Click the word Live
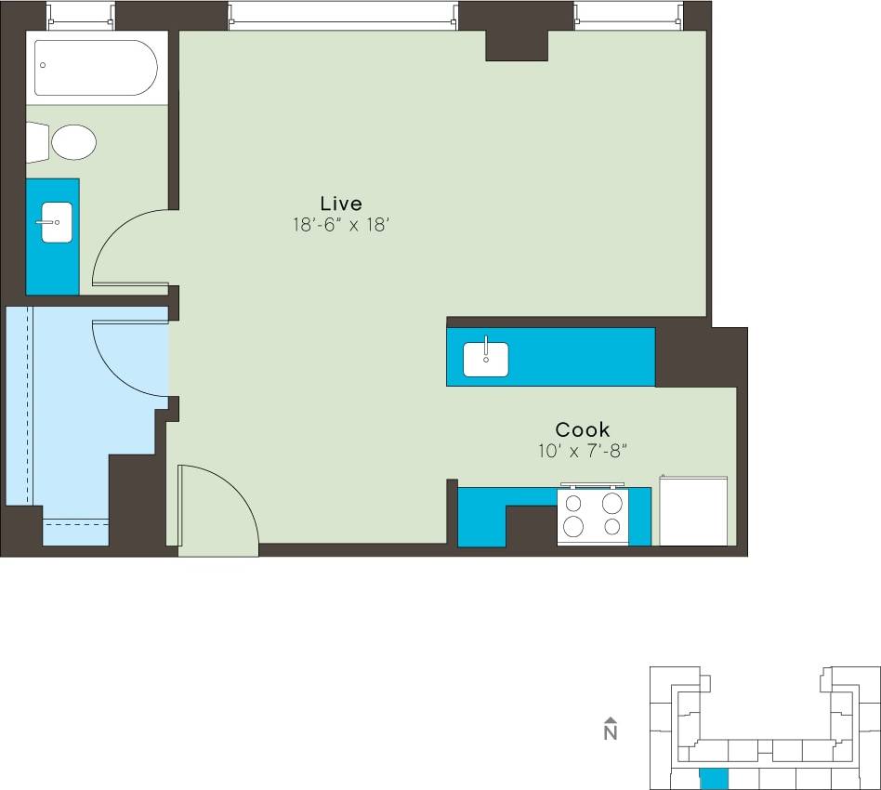[x=340, y=203]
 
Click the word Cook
[x=583, y=429]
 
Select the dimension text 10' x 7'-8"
[x=583, y=451]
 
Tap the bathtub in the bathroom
[x=96, y=67]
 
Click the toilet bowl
[x=73, y=143]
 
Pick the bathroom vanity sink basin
[x=57, y=223]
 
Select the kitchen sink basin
[x=486, y=359]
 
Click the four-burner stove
[x=592, y=516]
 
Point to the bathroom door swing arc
[x=126, y=247]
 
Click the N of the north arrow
[x=611, y=733]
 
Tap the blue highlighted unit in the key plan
[x=714, y=778]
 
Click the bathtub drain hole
[x=42, y=65]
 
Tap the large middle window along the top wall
[x=343, y=14]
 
